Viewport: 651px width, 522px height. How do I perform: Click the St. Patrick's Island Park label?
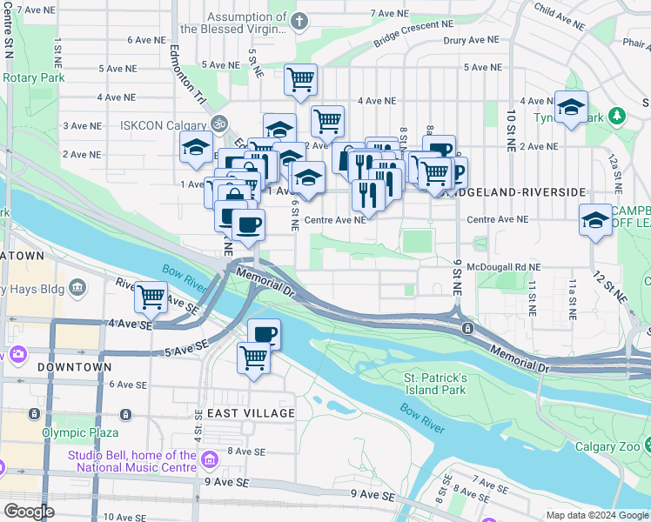tap(435, 384)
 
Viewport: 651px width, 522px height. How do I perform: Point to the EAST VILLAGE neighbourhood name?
tap(251, 412)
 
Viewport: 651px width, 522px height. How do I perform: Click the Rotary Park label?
tap(34, 78)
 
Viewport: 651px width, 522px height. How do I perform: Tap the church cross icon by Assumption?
tap(300, 20)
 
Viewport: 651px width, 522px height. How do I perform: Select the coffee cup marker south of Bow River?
tap(264, 333)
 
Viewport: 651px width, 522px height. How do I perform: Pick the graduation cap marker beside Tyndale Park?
tap(571, 107)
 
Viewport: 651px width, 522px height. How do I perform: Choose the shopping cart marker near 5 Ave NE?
tap(300, 79)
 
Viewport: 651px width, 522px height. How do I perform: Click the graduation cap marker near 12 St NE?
tap(596, 219)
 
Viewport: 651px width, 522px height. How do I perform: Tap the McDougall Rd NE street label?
tap(504, 267)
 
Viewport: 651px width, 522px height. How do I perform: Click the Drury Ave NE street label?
tap(471, 40)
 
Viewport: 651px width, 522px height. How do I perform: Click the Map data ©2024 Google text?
tap(595, 515)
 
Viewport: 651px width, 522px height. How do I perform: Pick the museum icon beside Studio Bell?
tap(208, 458)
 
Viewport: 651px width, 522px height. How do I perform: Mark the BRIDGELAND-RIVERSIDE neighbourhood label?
tap(513, 191)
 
